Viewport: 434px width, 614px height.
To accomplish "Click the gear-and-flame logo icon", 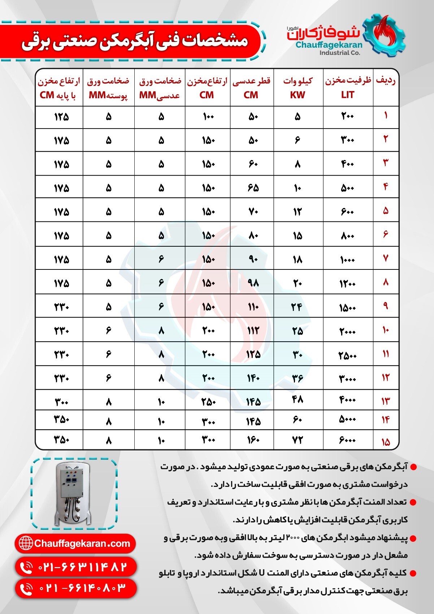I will (385, 35).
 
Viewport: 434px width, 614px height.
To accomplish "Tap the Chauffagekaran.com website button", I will (75, 544).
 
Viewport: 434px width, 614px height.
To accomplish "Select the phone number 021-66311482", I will (76, 567).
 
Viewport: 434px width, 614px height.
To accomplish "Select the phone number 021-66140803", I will (76, 588).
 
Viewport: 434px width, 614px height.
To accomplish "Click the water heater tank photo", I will (74, 494).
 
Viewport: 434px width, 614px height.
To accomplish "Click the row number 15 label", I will (386, 442).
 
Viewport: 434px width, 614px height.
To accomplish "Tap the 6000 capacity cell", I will (348, 440).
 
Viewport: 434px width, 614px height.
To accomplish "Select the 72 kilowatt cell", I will (298, 440).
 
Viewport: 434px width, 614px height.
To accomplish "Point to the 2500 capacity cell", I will (348, 355).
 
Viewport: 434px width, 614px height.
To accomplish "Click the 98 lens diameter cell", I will (253, 283).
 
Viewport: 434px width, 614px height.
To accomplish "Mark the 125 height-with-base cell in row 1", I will (61, 117).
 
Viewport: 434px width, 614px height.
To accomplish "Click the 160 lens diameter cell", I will (253, 440).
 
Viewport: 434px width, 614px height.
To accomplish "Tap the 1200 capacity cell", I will (348, 284).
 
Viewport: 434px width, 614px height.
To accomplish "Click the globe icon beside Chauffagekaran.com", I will (25, 543).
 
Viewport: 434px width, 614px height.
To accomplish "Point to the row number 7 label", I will (386, 258).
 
